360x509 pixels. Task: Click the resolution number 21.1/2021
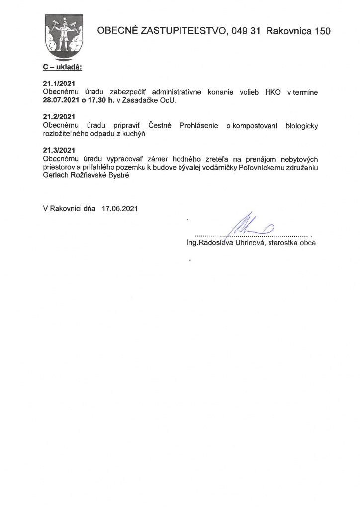[x=59, y=85]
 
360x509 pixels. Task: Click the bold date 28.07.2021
[x=62, y=100]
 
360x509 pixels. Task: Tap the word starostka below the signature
[x=283, y=244]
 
